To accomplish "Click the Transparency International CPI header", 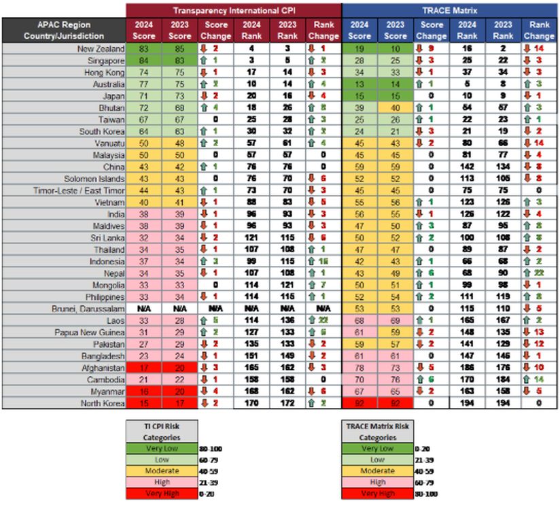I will pos(233,10).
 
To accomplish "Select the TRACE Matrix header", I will pos(450,10).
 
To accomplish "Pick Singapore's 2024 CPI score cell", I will pos(143,61).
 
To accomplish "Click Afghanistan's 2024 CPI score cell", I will pos(143,368).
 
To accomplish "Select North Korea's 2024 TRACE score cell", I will pos(360,403).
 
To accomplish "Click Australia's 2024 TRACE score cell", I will pos(360,84).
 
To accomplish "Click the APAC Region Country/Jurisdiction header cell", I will pos(63,30).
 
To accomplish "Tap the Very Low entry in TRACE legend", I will pos(378,449).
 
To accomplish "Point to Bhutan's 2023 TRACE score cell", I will pos(395,108).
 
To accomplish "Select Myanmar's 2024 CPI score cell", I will pos(143,392).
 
